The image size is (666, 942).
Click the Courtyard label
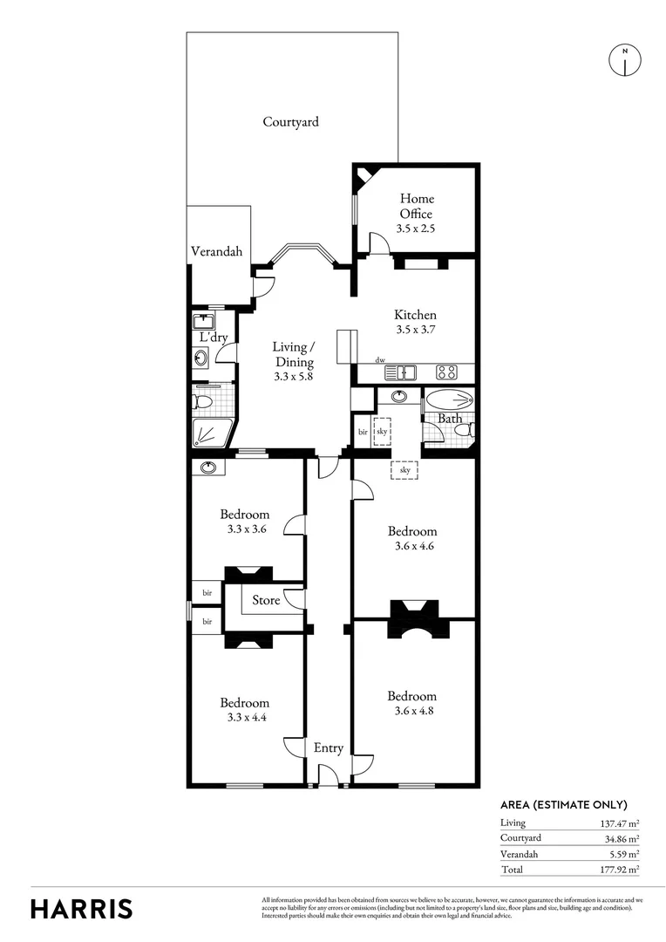[290, 122]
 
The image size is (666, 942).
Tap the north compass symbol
[624, 58]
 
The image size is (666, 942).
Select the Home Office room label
[416, 206]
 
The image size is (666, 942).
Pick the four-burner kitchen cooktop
[447, 372]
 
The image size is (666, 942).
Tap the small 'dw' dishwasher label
[379, 359]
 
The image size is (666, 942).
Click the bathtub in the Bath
[450, 401]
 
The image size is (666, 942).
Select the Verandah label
[216, 252]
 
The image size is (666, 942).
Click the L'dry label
[214, 338]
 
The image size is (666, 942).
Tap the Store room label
[266, 600]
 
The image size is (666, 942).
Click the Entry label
[329, 748]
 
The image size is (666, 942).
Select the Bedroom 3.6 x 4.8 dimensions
[411, 712]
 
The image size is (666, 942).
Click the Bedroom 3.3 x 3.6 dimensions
[244, 529]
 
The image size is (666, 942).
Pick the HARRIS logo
[82, 908]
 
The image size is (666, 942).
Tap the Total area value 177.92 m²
[620, 870]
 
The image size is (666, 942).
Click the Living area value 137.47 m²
[620, 823]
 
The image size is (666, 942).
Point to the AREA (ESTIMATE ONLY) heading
[563, 805]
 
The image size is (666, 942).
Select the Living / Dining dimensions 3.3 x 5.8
[294, 378]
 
